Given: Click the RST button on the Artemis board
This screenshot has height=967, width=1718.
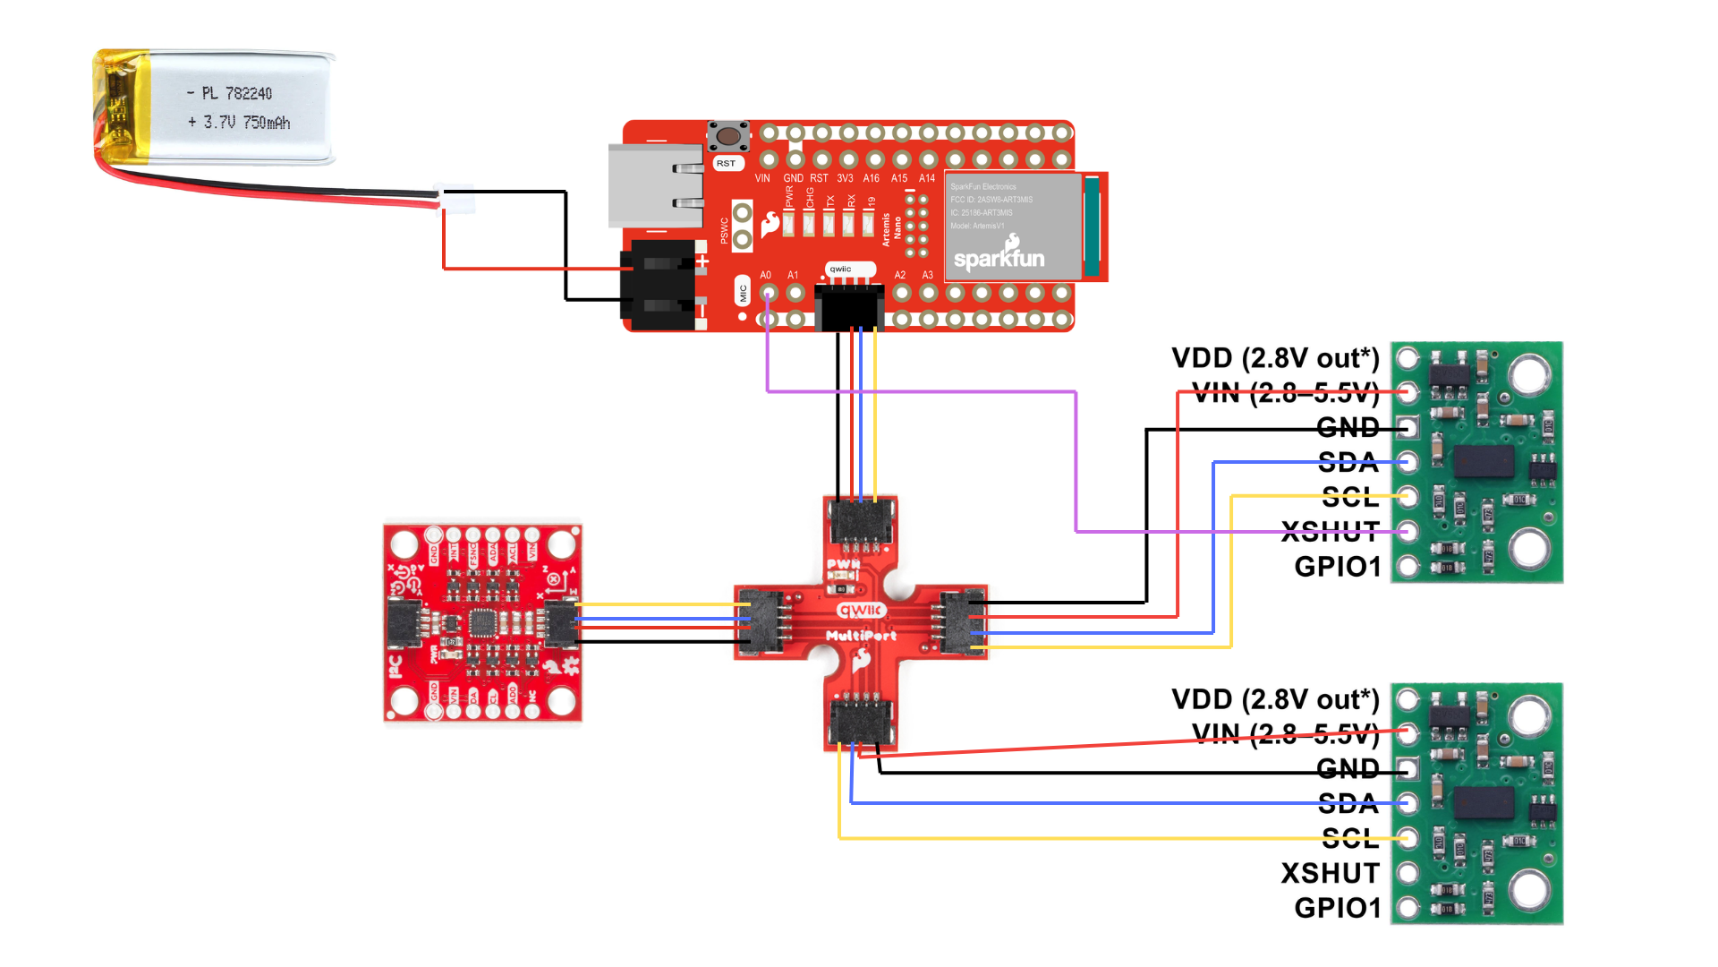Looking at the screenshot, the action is (x=728, y=137).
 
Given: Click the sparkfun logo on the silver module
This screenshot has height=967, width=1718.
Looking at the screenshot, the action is (x=999, y=256).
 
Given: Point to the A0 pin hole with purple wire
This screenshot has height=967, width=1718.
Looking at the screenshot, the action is (x=768, y=293).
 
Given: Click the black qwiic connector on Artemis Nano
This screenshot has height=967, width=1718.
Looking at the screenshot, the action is (x=849, y=307).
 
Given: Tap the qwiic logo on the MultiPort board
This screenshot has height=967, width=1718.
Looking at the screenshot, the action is (x=861, y=610).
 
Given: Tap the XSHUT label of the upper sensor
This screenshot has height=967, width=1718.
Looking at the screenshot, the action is (x=1330, y=531).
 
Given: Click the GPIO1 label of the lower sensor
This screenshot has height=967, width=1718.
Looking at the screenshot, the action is (x=1337, y=907).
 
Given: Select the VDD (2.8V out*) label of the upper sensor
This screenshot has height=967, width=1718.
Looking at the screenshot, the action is (x=1275, y=358).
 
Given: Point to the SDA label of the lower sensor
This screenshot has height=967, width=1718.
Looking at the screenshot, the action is (x=1348, y=803).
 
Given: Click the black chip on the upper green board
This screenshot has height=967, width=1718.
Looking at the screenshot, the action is (x=1484, y=461).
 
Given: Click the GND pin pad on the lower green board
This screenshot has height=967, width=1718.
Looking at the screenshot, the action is (x=1408, y=767).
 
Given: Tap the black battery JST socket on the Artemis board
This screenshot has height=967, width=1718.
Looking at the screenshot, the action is (x=660, y=285).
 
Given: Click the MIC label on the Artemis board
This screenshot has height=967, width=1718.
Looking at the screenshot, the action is (x=743, y=292).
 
